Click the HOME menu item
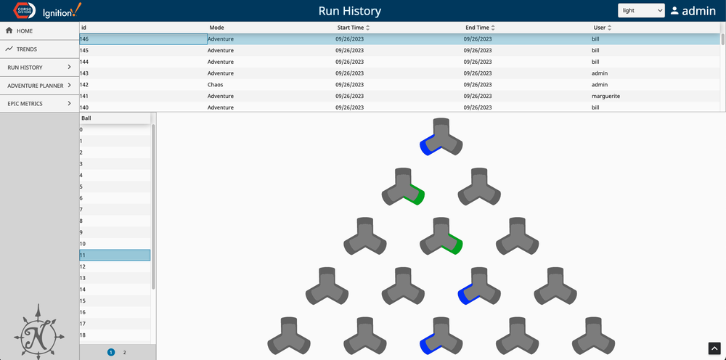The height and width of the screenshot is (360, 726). [25, 31]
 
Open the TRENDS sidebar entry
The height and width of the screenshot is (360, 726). [27, 49]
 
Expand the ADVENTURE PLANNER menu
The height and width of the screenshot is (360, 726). [39, 86]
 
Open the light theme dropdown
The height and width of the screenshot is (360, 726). [640, 11]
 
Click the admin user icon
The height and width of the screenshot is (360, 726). [674, 11]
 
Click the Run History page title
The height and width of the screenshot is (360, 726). [349, 11]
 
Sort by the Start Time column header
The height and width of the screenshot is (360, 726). [350, 28]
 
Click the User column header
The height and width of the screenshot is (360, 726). [600, 28]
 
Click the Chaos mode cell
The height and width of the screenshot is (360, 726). [216, 85]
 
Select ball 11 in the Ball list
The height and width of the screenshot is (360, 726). [114, 255]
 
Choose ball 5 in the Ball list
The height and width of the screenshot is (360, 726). [114, 187]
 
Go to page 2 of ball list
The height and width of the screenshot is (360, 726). [124, 352]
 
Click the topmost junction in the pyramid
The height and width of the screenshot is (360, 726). [441, 137]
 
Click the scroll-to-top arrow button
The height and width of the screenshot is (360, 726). [714, 348]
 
